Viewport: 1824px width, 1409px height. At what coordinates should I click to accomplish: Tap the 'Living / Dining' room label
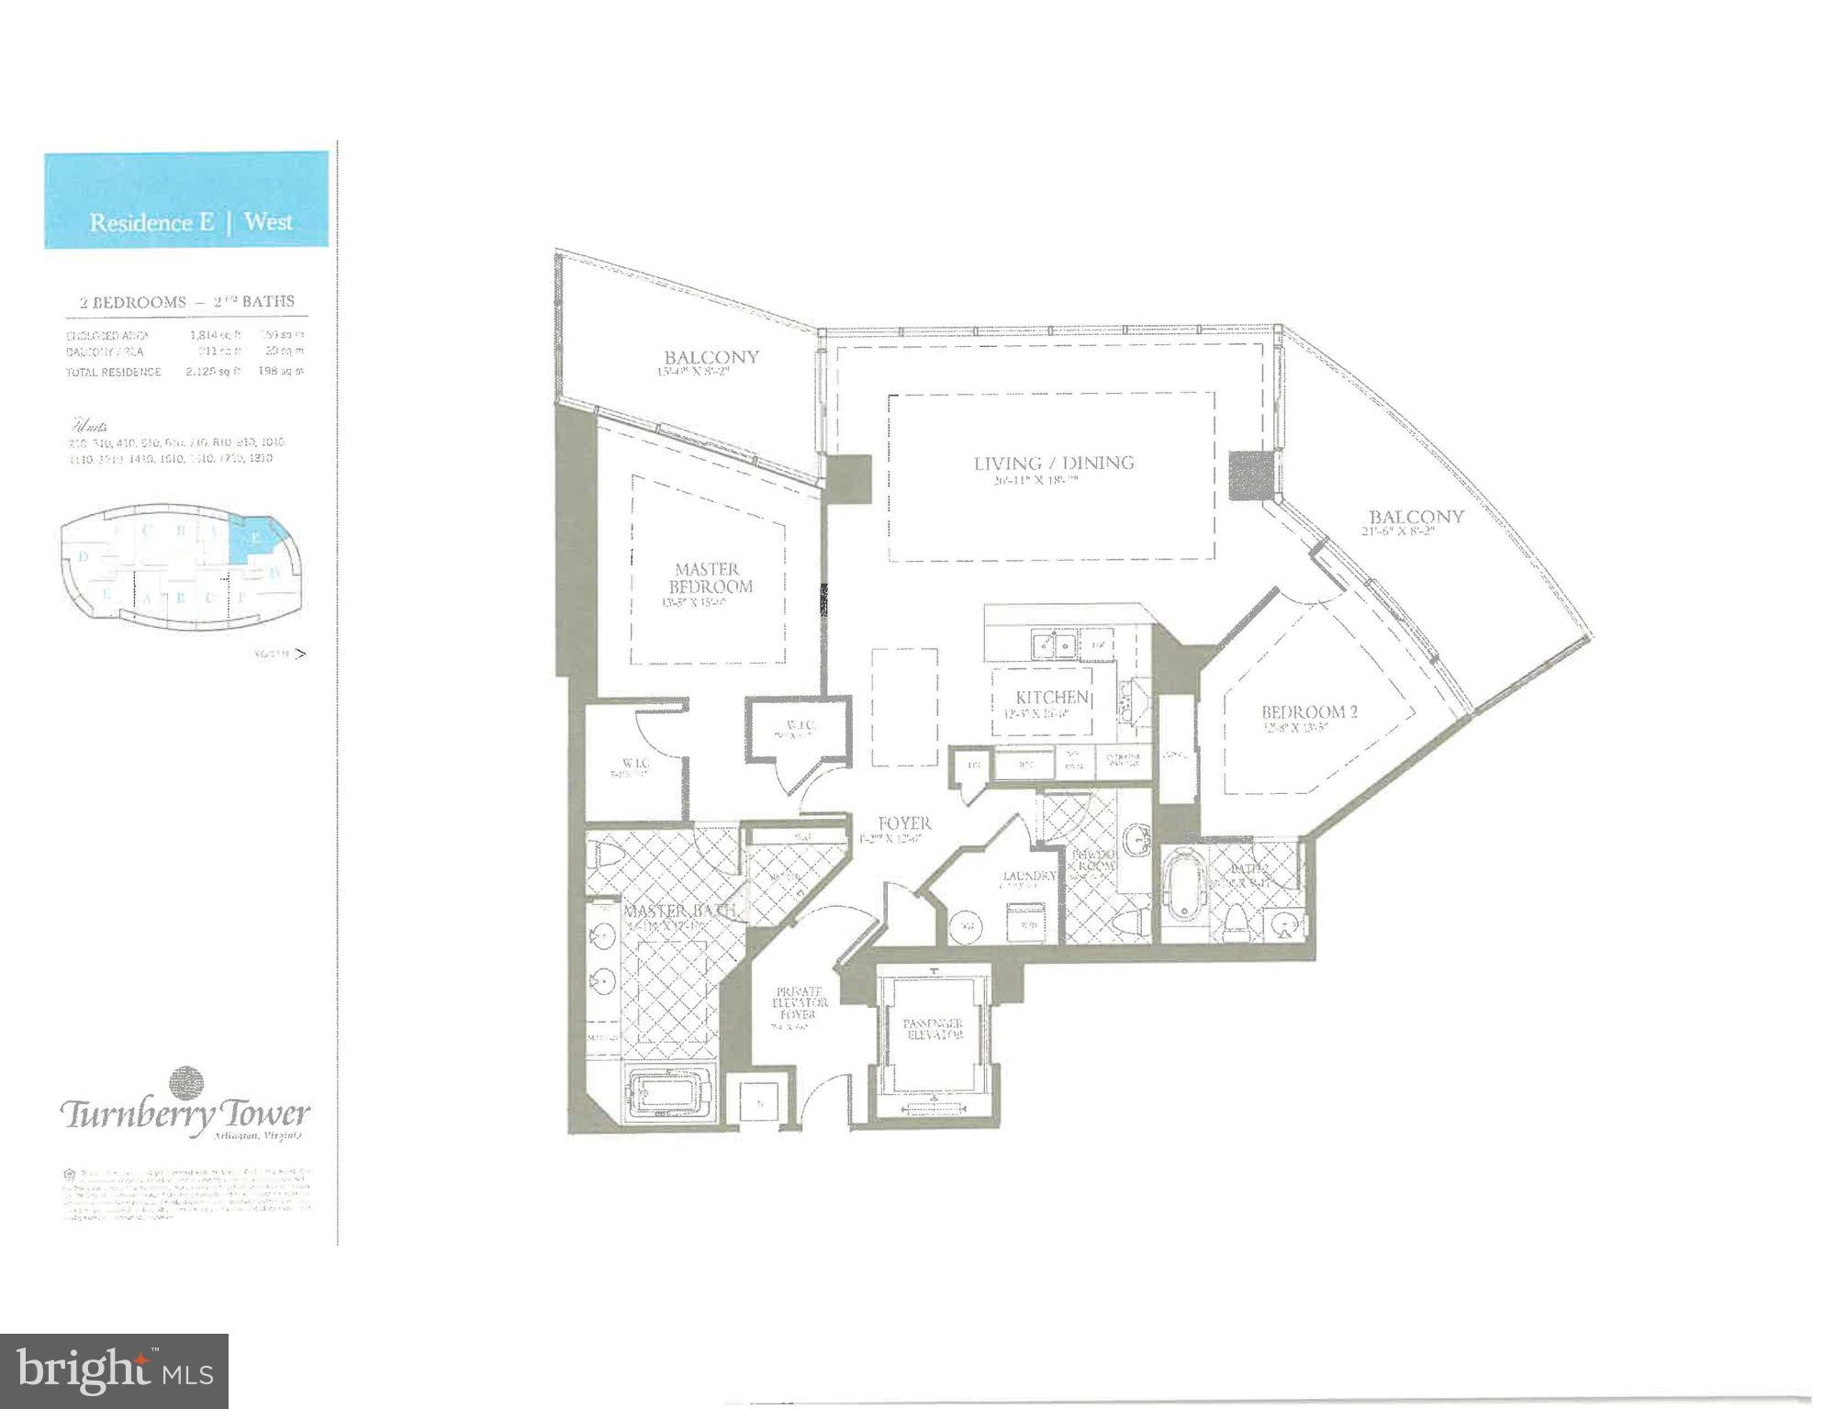[1054, 463]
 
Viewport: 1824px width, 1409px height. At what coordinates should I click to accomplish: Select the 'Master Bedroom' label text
[708, 578]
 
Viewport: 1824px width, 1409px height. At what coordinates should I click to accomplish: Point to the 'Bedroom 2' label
[1308, 711]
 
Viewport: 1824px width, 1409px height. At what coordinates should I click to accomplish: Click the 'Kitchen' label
[1052, 698]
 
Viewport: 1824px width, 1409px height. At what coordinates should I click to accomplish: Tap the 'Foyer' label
[903, 823]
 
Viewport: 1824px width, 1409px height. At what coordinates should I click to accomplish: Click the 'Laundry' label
[1028, 876]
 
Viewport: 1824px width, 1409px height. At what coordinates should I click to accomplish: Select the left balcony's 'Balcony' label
[711, 357]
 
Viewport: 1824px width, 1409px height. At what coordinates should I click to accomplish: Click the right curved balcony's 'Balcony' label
[1416, 516]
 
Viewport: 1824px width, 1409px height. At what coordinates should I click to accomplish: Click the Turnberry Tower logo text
[186, 1114]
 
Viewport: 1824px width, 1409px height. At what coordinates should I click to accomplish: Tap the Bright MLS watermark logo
[114, 1371]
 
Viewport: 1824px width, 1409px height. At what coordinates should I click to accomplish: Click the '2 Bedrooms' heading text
[132, 302]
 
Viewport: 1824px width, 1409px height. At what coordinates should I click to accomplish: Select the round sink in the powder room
[1136, 837]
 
